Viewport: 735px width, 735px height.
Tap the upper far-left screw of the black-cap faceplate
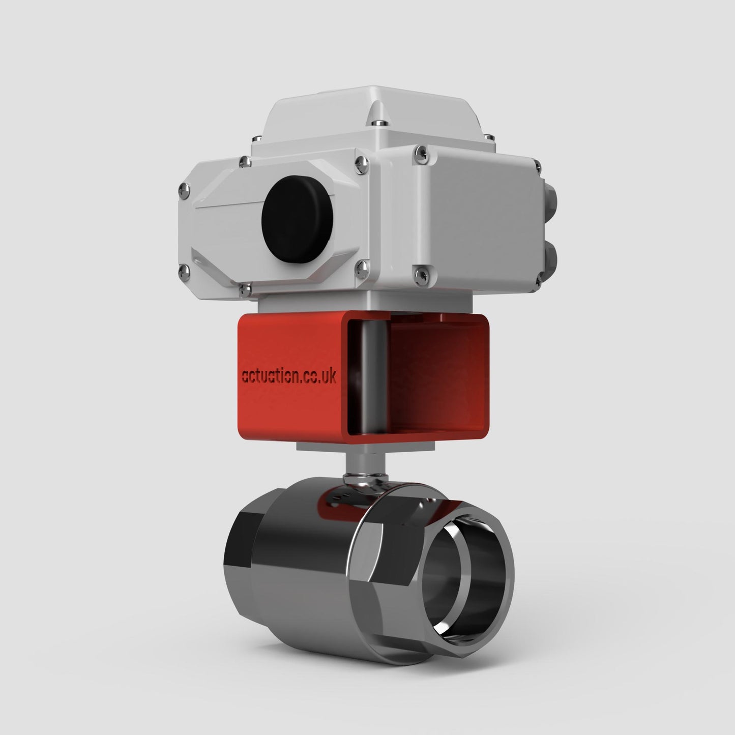point(184,191)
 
